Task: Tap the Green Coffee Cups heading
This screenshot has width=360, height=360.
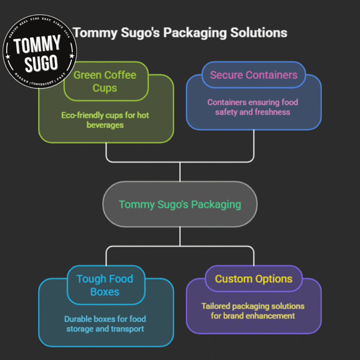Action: click(104, 81)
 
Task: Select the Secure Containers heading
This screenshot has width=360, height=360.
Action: click(253, 75)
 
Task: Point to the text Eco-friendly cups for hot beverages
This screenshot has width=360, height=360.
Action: click(105, 120)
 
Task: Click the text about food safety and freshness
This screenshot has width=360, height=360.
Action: click(252, 107)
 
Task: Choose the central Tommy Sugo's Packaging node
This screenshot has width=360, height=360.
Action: click(180, 204)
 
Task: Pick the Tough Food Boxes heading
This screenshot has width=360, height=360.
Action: click(105, 285)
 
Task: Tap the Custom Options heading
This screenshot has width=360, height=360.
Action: click(253, 279)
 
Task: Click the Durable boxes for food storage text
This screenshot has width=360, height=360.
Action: click(105, 324)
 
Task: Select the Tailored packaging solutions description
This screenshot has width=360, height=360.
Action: click(253, 311)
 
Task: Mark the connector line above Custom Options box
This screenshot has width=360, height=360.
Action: click(254, 255)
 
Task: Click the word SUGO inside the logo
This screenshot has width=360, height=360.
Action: click(41, 63)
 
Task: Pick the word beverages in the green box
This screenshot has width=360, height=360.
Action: click(105, 125)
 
